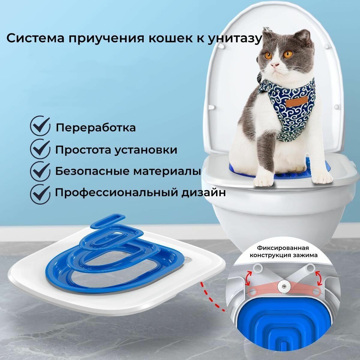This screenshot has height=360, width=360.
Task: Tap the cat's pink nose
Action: pos(274,66)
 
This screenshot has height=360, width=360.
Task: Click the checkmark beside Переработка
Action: pos(40,127)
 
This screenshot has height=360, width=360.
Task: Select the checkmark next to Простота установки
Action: pos(40,149)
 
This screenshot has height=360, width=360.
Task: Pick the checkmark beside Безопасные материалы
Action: pos(40,171)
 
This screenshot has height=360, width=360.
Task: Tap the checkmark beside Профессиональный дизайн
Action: pos(40,193)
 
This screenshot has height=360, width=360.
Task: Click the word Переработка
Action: pos(96,128)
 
